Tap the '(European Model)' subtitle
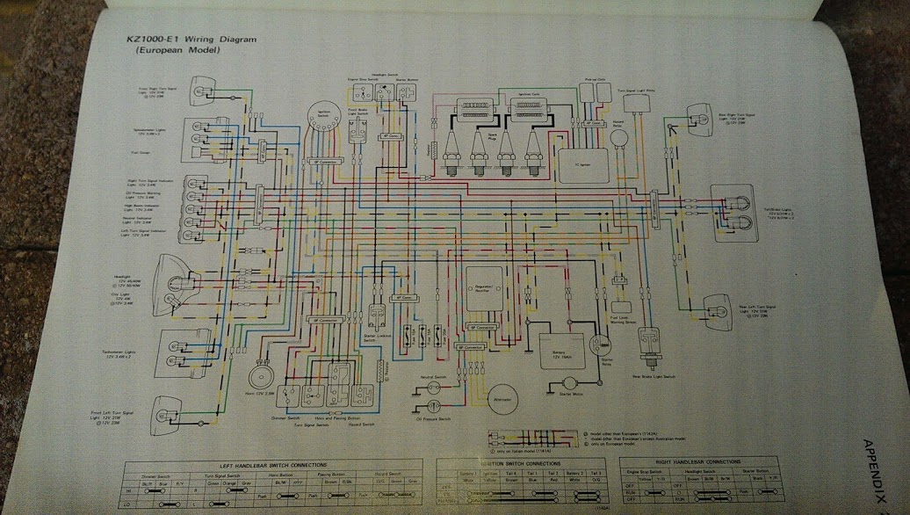pos(178,51)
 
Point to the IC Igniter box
pos(582,163)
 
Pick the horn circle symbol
pos(260,377)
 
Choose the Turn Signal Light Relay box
pos(638,102)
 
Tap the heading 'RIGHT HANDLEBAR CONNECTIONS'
pos(692,460)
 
